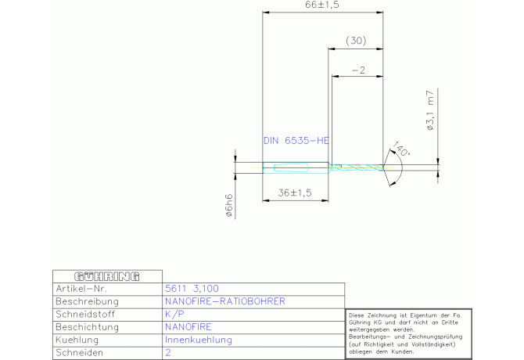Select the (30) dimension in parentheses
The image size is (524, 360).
coord(355,40)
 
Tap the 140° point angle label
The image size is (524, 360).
coord(402,149)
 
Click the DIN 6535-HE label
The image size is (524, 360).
coord(296,141)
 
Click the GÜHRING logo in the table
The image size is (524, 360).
coord(106,276)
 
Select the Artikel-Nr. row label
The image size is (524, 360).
coord(84,289)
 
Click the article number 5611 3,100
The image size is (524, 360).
coord(186,289)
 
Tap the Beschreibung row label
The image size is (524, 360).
coord(87,301)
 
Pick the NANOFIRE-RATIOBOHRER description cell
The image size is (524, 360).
coord(225,301)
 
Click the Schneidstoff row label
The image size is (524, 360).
coord(86,314)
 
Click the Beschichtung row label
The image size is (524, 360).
coord(88,327)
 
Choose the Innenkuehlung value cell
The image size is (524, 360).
coord(199,340)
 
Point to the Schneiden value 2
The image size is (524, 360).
coord(168,353)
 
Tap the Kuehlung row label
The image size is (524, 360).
coord(80,340)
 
